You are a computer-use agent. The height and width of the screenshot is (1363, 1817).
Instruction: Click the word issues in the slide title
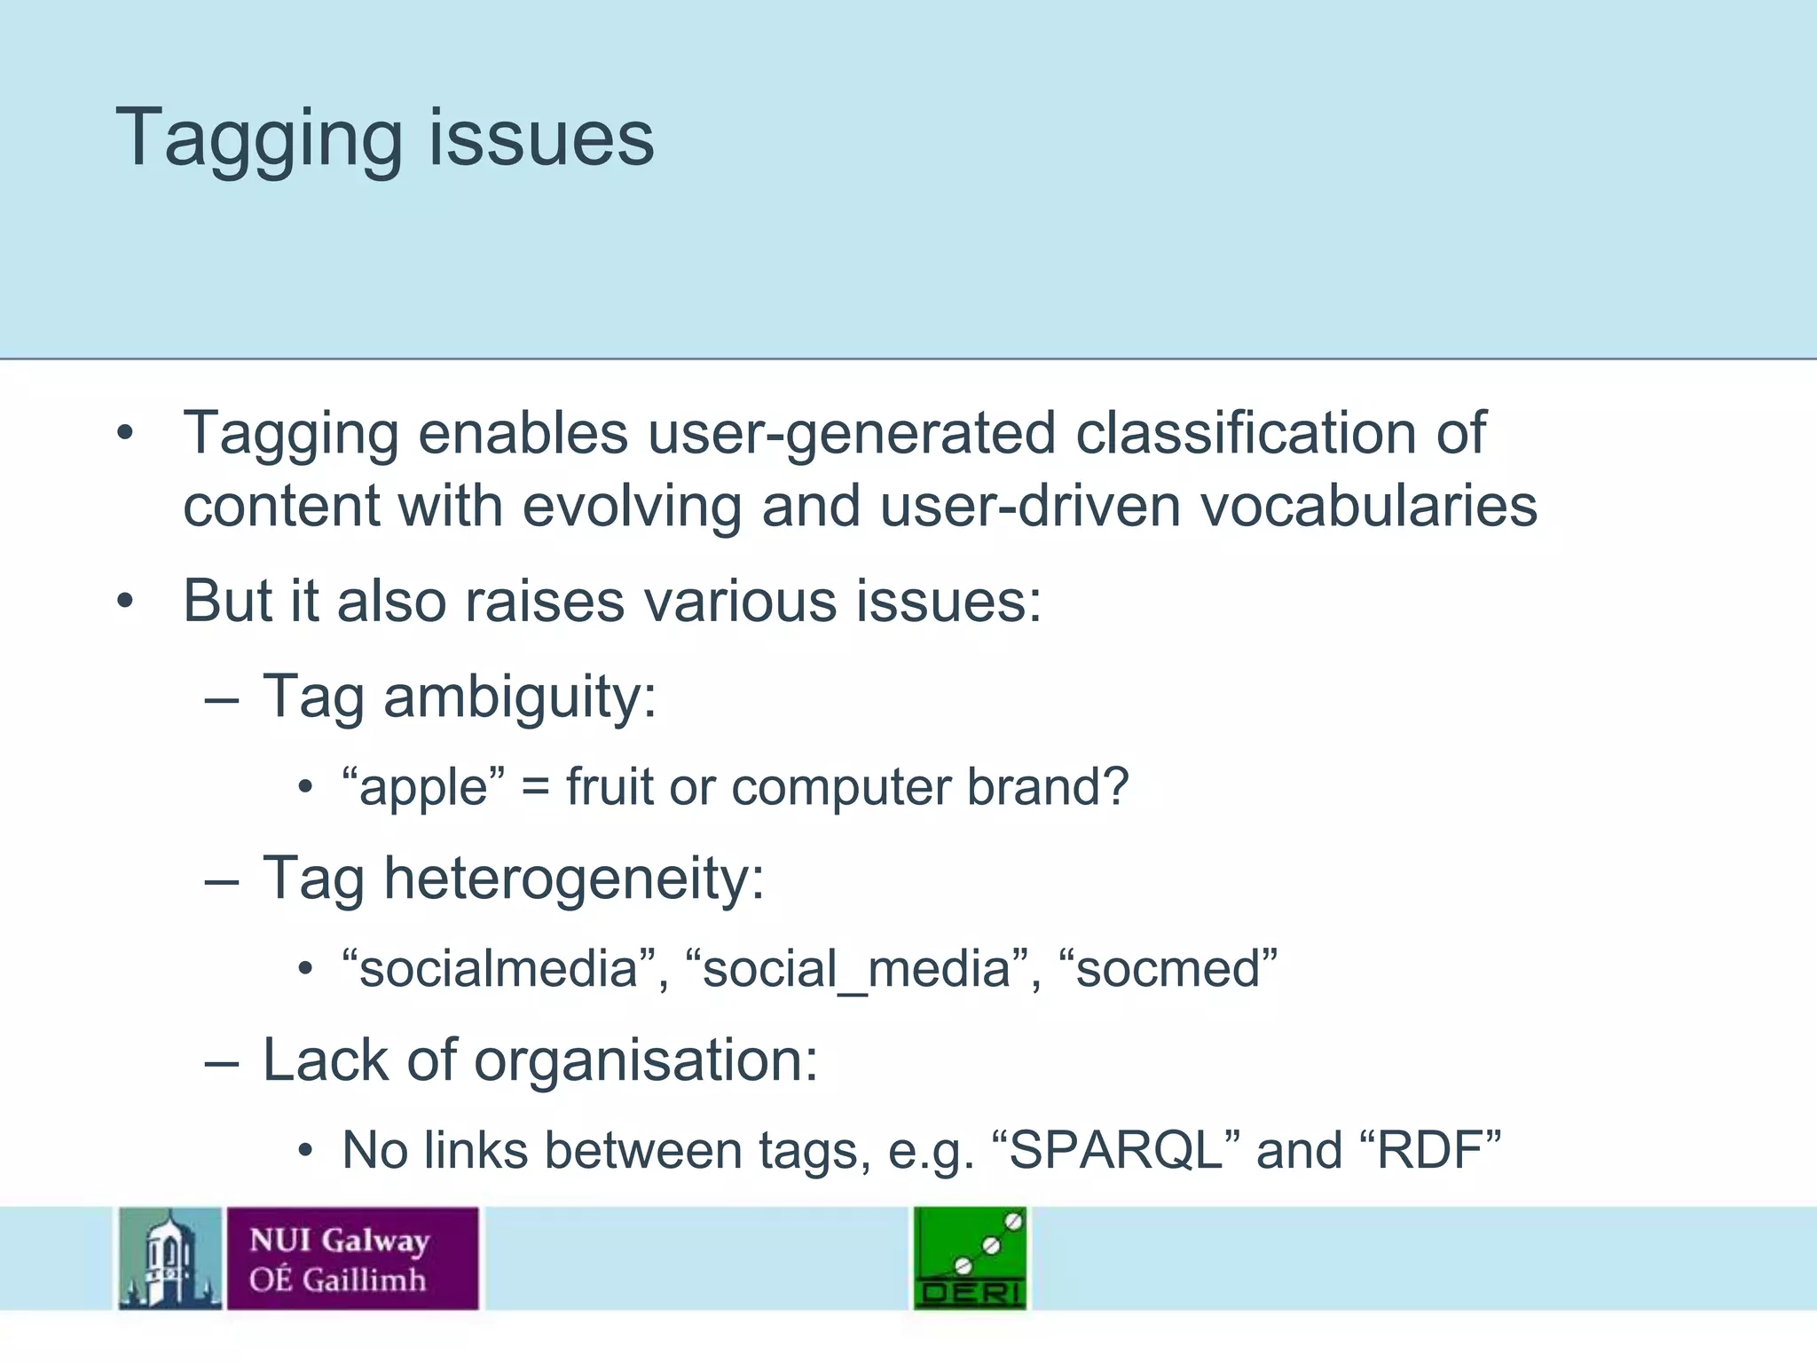pos(541,139)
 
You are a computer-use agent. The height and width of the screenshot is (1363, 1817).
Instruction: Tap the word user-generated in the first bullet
pos(851,434)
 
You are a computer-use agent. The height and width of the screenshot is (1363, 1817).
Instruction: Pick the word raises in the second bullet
pos(545,601)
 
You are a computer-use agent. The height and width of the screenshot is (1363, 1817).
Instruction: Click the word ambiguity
pos(519,697)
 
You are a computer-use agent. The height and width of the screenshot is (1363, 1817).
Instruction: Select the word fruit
pos(610,787)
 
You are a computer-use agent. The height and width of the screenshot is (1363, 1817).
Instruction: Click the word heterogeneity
pos(572,879)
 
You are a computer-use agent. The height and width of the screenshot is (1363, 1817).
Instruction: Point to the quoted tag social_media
pos(856,968)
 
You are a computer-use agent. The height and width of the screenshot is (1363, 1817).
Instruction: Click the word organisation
pos(645,1060)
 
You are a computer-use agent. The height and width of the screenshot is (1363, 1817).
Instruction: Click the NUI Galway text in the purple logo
pos(339,1240)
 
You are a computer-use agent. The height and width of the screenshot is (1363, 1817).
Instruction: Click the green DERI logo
pos(971,1257)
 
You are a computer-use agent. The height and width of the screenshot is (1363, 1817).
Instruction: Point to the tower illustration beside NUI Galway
pos(170,1257)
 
